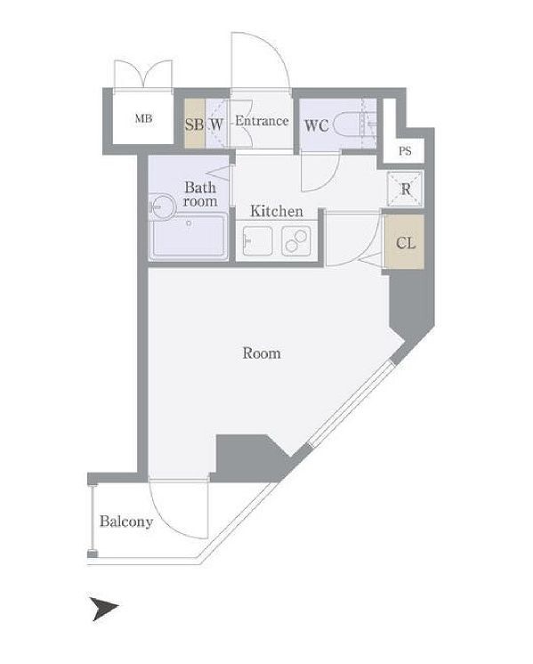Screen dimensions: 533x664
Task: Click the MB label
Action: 143,118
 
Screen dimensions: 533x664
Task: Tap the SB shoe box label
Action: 194,125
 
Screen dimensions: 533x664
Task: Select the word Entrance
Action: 262,121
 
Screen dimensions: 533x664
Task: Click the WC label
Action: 317,126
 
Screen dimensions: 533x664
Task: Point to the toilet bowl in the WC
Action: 347,125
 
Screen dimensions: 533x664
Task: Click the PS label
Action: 405,151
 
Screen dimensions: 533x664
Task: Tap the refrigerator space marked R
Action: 406,189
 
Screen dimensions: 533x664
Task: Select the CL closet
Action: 405,242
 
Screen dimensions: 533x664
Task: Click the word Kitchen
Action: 277,211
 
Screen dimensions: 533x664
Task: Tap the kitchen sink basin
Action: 257,241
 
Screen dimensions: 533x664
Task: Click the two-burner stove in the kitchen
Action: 296,241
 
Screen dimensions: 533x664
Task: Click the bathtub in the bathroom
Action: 189,236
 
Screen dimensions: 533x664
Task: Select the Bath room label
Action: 200,194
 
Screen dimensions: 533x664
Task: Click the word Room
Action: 262,353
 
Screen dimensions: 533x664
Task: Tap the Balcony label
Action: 126,522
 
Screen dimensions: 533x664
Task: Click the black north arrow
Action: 104,609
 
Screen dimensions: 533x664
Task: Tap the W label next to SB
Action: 216,125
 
